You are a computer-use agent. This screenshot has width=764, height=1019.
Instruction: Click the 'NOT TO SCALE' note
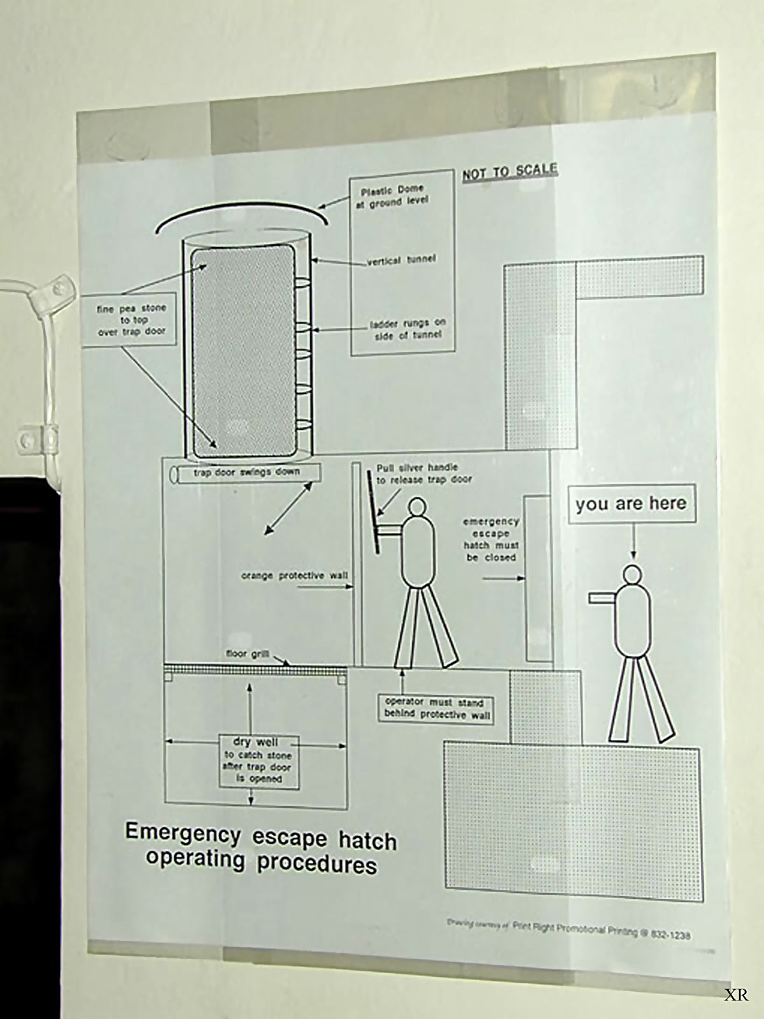click(x=509, y=172)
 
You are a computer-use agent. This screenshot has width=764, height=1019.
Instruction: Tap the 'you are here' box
click(x=631, y=504)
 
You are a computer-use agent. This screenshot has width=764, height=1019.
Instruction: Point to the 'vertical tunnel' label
click(x=402, y=260)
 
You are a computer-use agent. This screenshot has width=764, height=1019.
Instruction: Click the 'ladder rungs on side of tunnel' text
click(x=407, y=329)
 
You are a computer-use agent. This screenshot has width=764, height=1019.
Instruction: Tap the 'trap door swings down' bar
click(x=246, y=473)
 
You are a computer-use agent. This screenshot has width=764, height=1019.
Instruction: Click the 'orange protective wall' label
click(x=294, y=576)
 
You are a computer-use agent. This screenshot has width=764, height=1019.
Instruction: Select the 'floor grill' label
click(x=248, y=654)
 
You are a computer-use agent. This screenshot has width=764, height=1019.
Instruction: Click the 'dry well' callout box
click(x=257, y=760)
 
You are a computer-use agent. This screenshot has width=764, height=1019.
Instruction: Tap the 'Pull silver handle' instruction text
click(x=424, y=473)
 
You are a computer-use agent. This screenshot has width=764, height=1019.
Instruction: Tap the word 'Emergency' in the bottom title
click(x=183, y=833)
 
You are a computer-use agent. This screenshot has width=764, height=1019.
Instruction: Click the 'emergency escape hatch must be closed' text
click(x=491, y=539)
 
